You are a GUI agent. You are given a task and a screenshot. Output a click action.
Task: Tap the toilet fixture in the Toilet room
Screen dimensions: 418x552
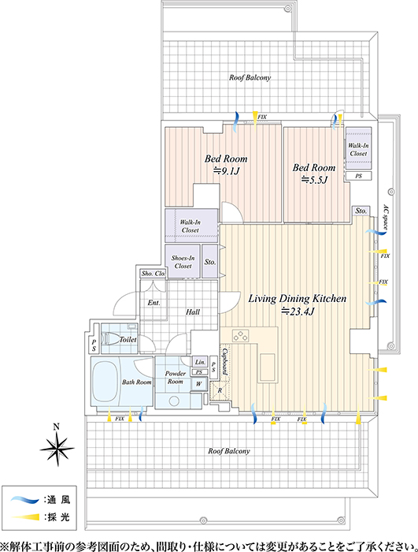click(x=111, y=339)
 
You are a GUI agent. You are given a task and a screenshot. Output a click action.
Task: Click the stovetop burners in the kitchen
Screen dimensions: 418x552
click(x=241, y=336)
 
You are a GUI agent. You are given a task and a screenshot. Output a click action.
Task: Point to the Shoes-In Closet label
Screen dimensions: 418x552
click(x=183, y=262)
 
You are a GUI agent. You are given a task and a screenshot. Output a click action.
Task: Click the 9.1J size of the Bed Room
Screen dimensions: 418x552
click(x=226, y=171)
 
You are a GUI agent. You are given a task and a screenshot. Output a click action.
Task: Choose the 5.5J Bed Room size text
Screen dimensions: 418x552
click(x=314, y=180)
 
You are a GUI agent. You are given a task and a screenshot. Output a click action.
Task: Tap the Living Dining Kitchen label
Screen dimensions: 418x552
click(x=298, y=299)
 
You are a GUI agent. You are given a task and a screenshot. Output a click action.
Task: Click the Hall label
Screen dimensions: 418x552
click(x=193, y=312)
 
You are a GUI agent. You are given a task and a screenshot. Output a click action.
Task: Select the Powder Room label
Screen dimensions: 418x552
click(x=175, y=378)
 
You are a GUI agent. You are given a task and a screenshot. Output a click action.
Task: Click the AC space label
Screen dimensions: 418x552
click(x=385, y=218)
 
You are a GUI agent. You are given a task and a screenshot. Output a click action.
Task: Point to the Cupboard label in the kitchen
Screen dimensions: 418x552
click(x=224, y=362)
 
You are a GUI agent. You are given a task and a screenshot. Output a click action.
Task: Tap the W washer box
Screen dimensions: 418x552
click(x=199, y=384)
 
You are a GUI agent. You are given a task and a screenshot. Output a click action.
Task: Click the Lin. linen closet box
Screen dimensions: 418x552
click(x=200, y=362)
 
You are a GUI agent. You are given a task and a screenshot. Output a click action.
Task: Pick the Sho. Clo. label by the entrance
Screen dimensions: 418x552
click(x=154, y=273)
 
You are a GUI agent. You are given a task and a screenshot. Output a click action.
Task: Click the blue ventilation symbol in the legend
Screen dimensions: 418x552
click(x=24, y=499)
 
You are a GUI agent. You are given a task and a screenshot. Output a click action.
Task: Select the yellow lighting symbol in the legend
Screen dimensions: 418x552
click(x=25, y=517)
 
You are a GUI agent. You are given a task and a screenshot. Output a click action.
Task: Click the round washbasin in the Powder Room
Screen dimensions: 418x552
click(x=174, y=401)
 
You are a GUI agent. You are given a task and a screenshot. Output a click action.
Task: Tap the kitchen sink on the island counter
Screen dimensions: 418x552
click(x=268, y=367)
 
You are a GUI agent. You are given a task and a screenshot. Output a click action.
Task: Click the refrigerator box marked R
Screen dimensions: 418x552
click(x=220, y=391)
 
